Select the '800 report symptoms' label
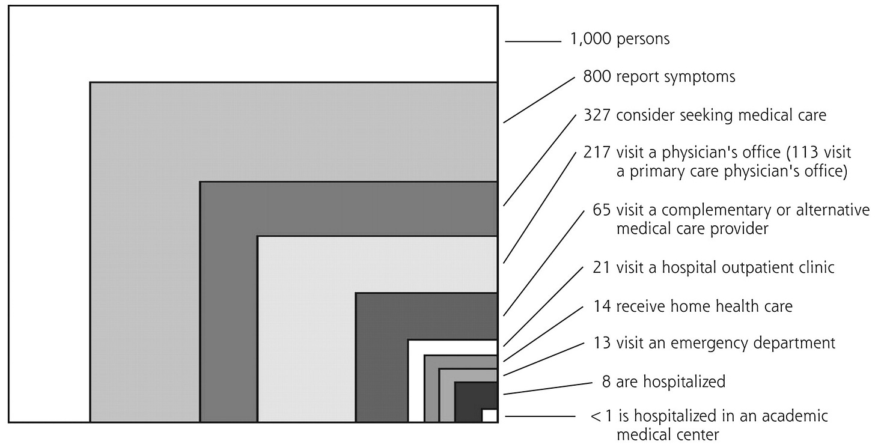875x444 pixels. tap(659, 78)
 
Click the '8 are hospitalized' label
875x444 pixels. tap(663, 381)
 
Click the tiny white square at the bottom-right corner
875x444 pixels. tap(489, 415)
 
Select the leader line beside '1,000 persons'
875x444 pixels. tap(532, 41)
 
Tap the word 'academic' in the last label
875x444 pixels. tap(800, 416)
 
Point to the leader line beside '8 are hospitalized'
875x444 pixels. tap(548, 388)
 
